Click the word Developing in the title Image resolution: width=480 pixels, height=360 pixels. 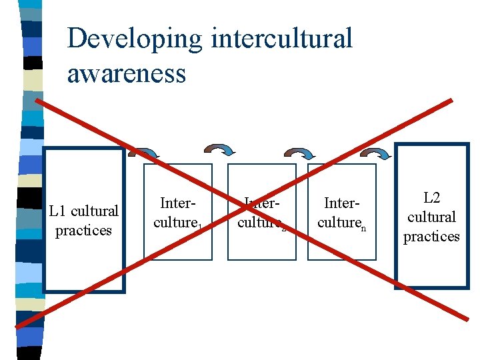[134, 39]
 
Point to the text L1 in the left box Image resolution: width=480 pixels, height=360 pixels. [58, 211]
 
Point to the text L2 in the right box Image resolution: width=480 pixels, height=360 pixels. [431, 198]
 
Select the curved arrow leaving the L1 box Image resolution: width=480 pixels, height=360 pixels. [139, 153]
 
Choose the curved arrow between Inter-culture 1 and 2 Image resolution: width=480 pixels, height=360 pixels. [219, 151]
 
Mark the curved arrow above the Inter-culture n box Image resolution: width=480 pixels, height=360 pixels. [300, 154]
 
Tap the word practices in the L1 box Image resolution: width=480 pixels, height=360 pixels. [83, 231]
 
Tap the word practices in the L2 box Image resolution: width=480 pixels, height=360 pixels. [431, 237]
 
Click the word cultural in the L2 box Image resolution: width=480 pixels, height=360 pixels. [431, 217]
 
